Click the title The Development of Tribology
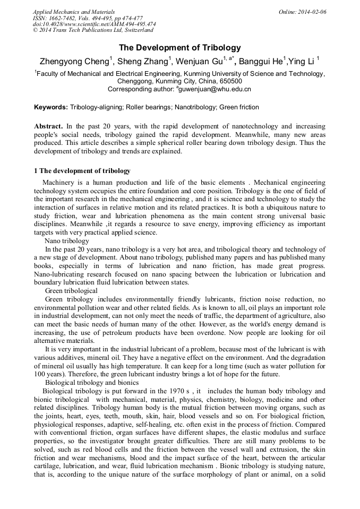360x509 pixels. tap(179, 47)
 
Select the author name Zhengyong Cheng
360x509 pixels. tap(73, 61)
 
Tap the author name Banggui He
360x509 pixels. tap(261, 61)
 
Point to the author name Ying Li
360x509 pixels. tap(302, 61)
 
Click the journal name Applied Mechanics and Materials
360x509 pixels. tap(73, 12)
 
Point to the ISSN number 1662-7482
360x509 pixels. tap(62, 18)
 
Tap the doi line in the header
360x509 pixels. tap(94, 24)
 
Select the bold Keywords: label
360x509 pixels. tap(51, 107)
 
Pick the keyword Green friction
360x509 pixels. tap(238, 107)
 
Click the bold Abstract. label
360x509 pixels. tap(48, 126)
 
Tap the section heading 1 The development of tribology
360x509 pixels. tap(82, 171)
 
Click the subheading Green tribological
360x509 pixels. tap(71, 291)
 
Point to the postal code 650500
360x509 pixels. tap(231, 81)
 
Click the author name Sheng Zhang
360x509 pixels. tap(142, 61)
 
